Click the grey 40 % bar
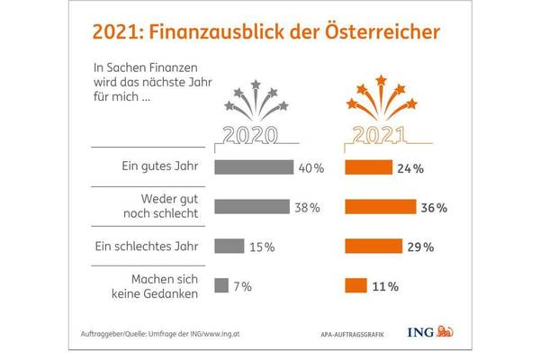(x=254, y=167)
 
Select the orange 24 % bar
(x=368, y=167)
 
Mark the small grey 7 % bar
(x=220, y=286)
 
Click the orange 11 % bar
(x=355, y=286)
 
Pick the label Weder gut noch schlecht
(x=166, y=207)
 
